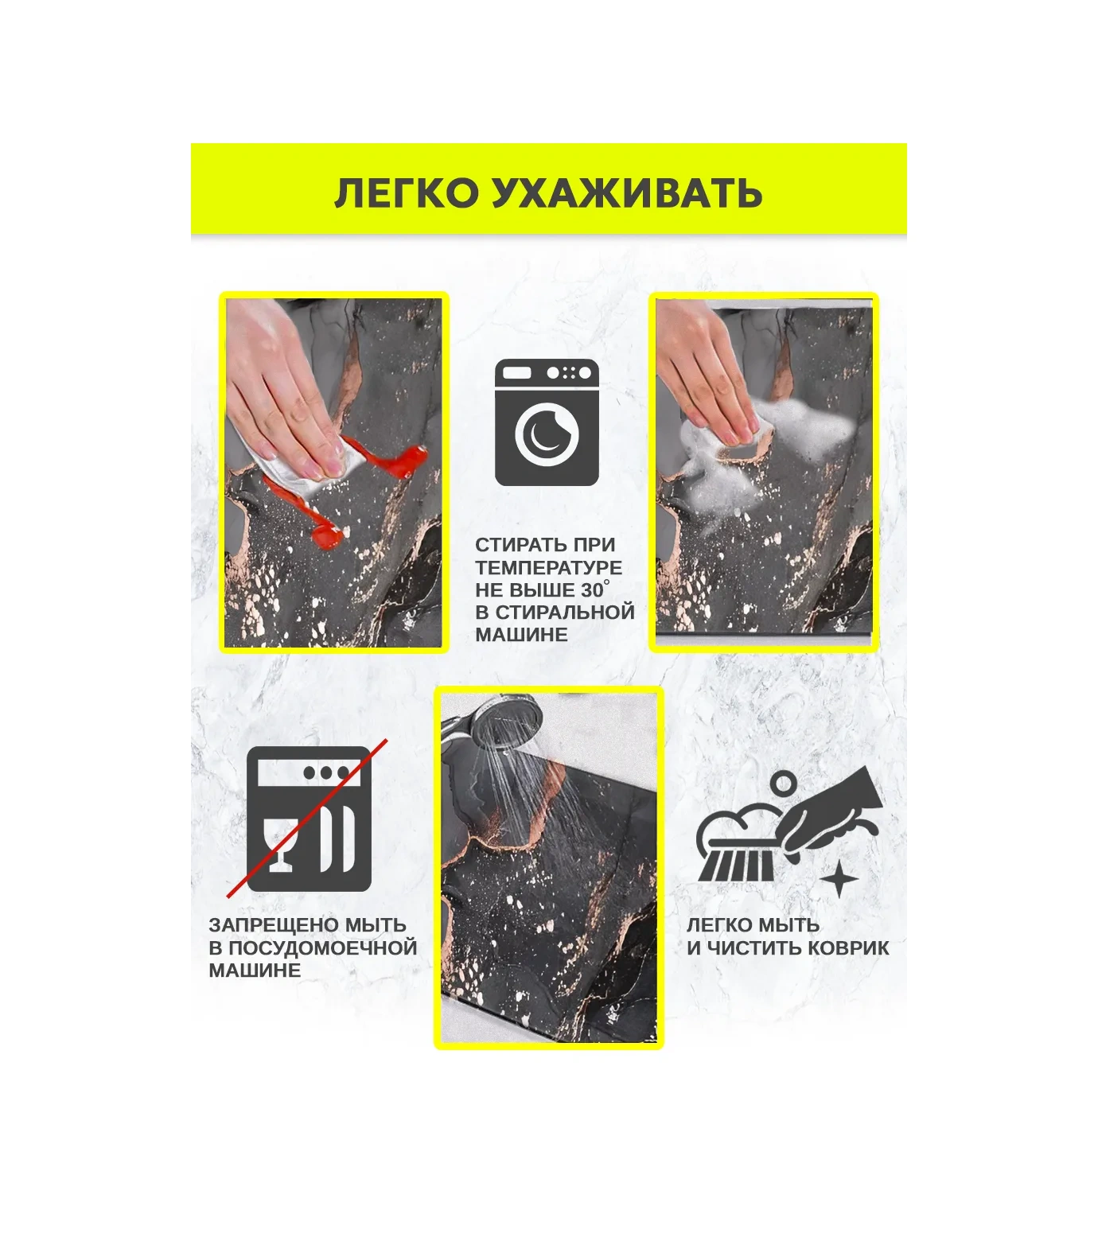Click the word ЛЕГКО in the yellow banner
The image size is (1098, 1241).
(x=405, y=193)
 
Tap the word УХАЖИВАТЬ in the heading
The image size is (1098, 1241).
(x=627, y=193)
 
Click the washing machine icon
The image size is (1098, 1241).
(x=547, y=422)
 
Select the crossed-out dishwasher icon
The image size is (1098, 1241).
(x=309, y=819)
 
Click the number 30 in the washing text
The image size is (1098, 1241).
(x=592, y=591)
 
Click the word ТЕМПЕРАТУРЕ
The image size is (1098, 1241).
(x=549, y=568)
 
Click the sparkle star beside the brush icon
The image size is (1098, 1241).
(x=839, y=880)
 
